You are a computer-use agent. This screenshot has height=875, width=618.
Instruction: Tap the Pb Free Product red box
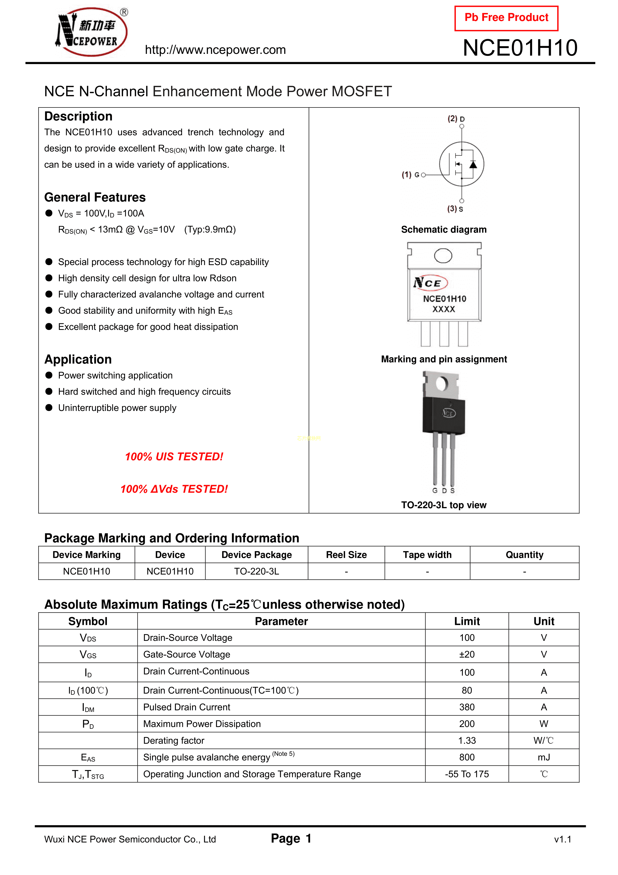point(506,18)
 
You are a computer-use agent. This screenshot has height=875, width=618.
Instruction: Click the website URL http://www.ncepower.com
point(215,50)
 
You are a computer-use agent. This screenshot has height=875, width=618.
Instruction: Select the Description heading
point(78,116)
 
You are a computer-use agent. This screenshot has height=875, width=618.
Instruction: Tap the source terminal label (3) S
point(455,209)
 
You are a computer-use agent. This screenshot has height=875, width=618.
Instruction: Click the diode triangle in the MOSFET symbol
point(473,165)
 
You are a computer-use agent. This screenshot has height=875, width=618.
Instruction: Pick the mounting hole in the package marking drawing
point(443,256)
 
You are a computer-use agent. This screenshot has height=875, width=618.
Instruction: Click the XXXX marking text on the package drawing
point(444,309)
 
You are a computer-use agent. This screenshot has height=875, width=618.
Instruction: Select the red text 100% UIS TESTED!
point(174,457)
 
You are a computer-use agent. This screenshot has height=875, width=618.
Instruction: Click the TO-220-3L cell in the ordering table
point(257,571)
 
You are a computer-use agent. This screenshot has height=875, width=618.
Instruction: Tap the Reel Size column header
point(346,555)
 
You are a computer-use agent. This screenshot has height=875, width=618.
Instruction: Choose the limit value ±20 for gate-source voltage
point(467,654)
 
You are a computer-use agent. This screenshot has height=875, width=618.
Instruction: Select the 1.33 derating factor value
point(467,741)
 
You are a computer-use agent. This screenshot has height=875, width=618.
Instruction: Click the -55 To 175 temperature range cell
point(467,774)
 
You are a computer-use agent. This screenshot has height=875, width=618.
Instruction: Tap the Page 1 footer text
point(291,838)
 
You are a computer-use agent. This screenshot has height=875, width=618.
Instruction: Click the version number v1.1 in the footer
point(562,839)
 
